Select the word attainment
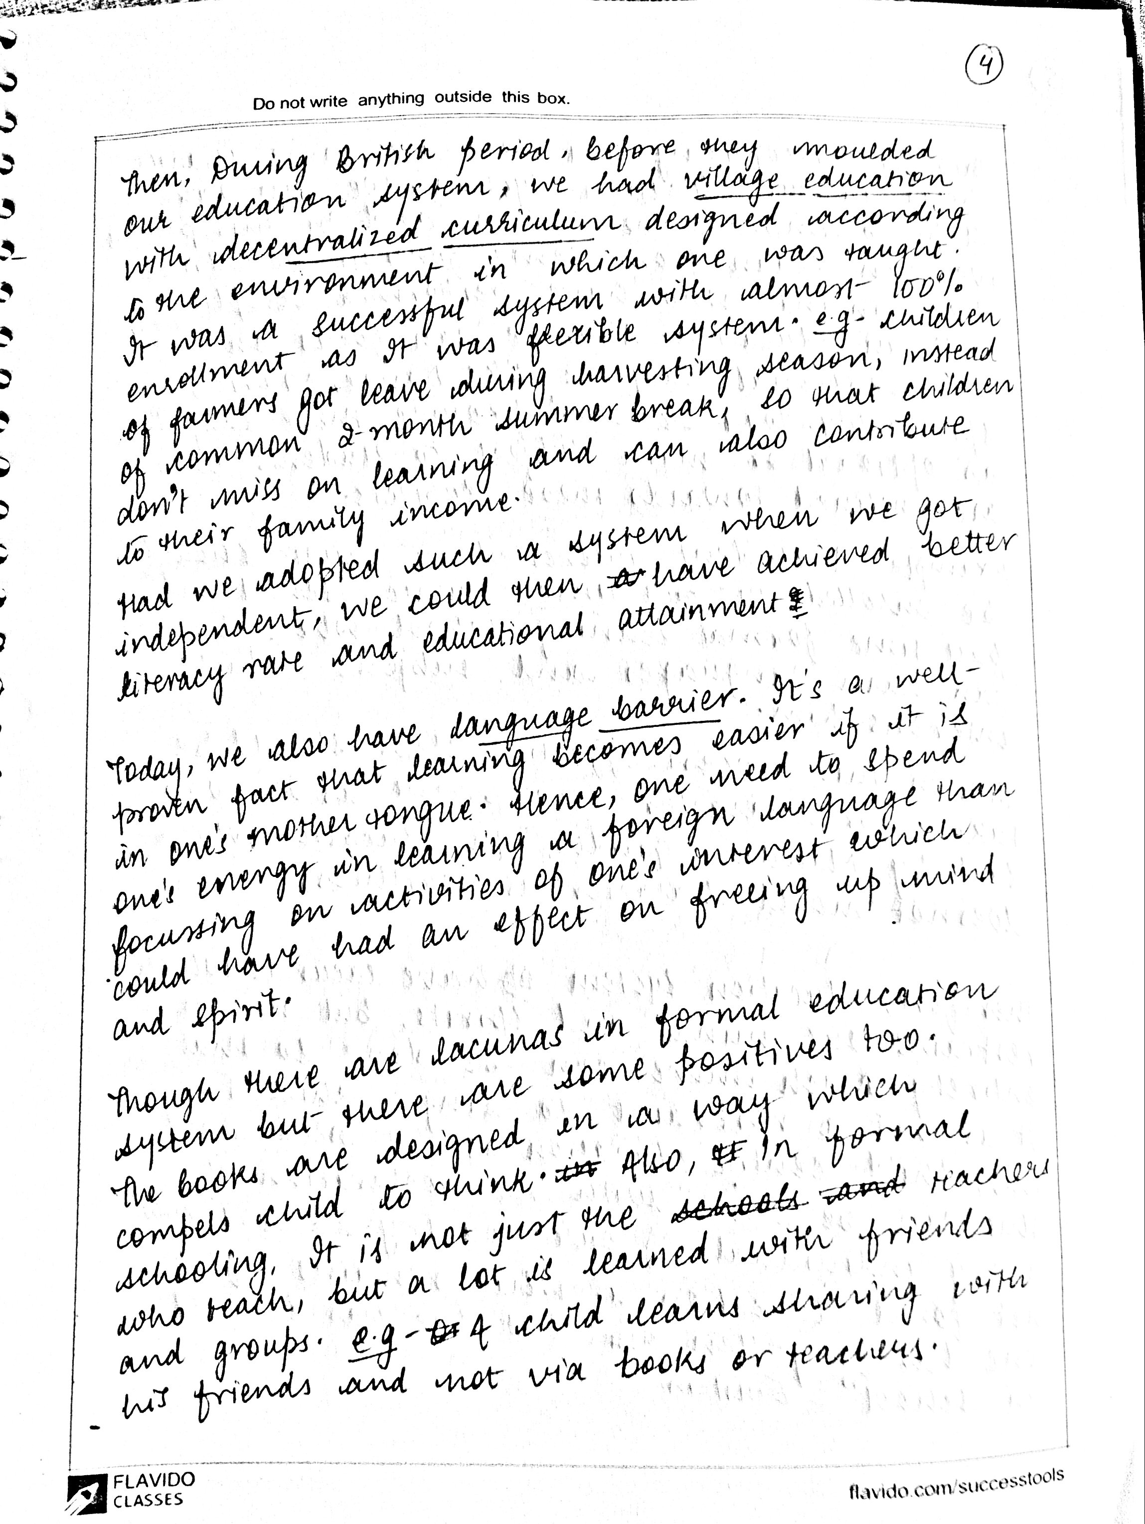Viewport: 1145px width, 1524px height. click(699, 614)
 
